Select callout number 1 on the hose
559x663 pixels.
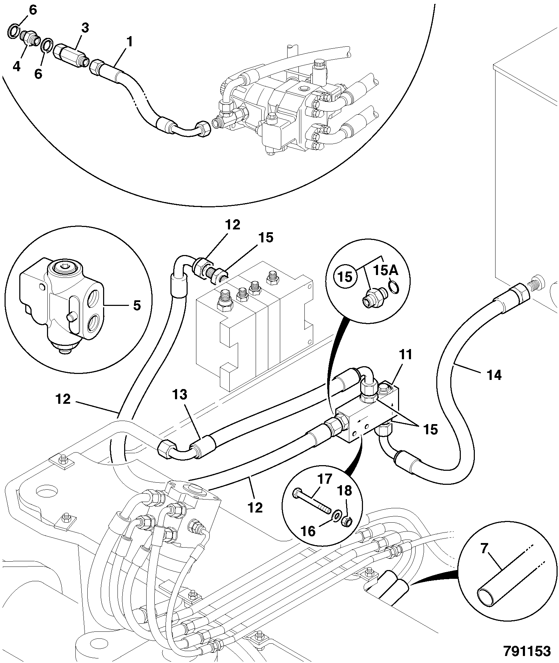pos(129,42)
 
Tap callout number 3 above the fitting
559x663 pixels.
pos(85,28)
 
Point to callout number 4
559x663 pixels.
pos(16,66)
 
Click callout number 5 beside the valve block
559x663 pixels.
pos(137,306)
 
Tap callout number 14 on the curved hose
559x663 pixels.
pos(494,375)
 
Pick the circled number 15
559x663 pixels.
pos(345,277)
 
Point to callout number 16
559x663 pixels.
pos(309,531)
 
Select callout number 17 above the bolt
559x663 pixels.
pos(324,480)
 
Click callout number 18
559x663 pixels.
pos(345,491)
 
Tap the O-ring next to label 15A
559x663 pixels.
pos(393,287)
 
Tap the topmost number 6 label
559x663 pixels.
pos(32,11)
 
